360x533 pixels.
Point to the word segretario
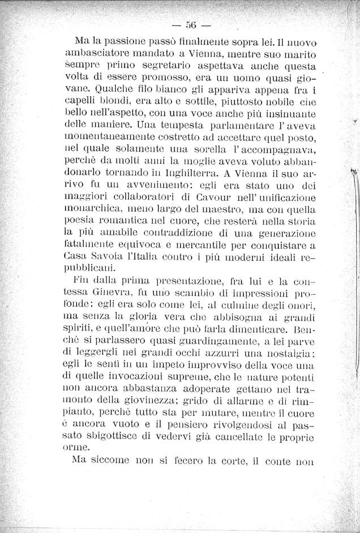point(164,68)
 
